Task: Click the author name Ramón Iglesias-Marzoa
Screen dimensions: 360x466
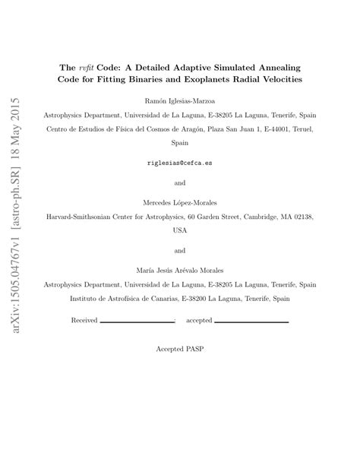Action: [x=180, y=100]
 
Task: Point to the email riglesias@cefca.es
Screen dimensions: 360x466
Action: [x=180, y=163]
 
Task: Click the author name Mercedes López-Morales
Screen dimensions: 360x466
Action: [x=180, y=201]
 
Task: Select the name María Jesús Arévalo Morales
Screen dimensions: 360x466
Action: [x=180, y=269]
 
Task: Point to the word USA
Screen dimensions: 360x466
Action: [x=180, y=230]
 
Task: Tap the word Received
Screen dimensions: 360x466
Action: [x=84, y=320]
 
